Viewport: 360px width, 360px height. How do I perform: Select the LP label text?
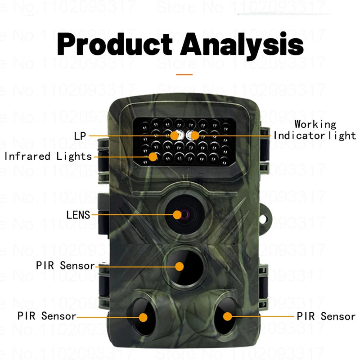click(81, 135)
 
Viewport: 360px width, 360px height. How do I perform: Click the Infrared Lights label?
click(48, 157)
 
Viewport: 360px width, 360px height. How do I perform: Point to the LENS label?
click(78, 215)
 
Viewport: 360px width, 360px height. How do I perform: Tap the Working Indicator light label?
click(315, 130)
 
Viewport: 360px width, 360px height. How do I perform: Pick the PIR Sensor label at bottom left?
click(47, 316)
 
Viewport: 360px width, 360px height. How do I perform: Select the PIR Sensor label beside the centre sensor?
click(65, 265)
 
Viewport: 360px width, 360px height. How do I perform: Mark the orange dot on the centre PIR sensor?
click(180, 266)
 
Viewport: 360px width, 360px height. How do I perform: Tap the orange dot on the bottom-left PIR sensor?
click(143, 317)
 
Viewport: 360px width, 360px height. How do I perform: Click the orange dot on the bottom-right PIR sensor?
click(227, 316)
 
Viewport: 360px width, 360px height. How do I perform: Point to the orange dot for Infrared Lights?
click(153, 157)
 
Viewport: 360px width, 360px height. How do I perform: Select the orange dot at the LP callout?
click(175, 135)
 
